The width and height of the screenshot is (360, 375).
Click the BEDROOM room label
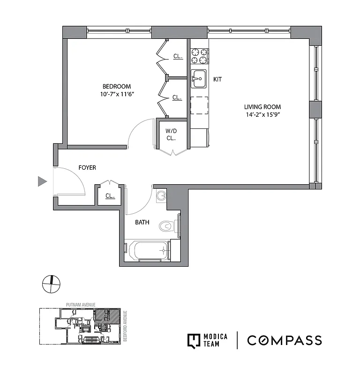[x=117, y=86]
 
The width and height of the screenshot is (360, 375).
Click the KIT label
[x=217, y=80]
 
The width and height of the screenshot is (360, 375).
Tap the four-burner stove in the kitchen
[x=199, y=56]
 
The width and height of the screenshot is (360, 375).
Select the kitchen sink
[x=199, y=78]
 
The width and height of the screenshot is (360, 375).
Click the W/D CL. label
[x=171, y=134]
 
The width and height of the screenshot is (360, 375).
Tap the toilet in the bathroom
[x=167, y=226]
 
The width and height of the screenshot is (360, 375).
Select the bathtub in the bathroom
[x=146, y=251]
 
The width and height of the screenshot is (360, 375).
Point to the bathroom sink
[x=161, y=195]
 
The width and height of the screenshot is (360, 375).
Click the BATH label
[x=142, y=222]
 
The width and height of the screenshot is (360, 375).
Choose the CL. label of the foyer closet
[x=110, y=196]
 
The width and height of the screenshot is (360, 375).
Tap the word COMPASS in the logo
[x=285, y=340]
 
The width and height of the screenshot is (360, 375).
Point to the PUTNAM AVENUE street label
[x=80, y=305]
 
